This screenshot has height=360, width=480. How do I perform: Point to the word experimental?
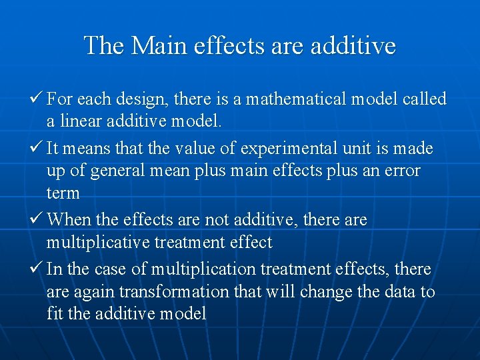pyautogui.click(x=281, y=148)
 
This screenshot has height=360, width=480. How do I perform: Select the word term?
pyautogui.click(x=63, y=194)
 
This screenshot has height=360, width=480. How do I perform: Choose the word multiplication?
pyautogui.click(x=203, y=269)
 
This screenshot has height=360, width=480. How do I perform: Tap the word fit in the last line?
pyautogui.click(x=55, y=313)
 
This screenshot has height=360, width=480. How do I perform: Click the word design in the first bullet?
pyautogui.click(x=144, y=99)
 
